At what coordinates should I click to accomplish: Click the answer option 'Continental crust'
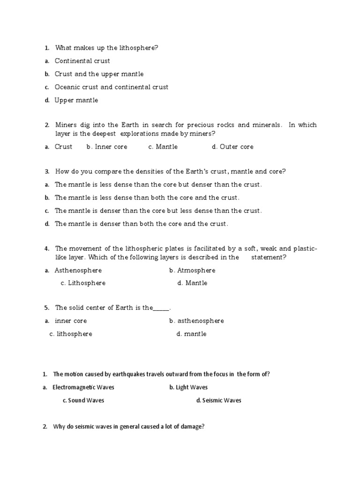coord(82,61)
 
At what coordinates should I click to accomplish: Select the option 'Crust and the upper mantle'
coord(99,74)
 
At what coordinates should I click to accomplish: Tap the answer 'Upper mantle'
coord(76,100)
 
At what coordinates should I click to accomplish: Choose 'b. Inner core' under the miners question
coord(107,147)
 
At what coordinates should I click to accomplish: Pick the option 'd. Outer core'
coord(232,147)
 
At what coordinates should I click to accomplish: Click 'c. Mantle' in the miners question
coord(163,147)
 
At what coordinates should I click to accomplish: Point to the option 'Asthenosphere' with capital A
coord(78,270)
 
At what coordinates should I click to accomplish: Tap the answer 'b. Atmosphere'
coord(192,270)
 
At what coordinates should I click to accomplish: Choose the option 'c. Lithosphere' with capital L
coord(83,283)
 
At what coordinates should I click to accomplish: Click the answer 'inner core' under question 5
coord(71,321)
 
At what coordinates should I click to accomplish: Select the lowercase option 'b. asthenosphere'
coord(196,321)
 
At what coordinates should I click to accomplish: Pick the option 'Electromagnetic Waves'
coord(83,388)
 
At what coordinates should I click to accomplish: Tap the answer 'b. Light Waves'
coord(188,388)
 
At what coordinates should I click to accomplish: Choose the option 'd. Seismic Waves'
coord(219,401)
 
